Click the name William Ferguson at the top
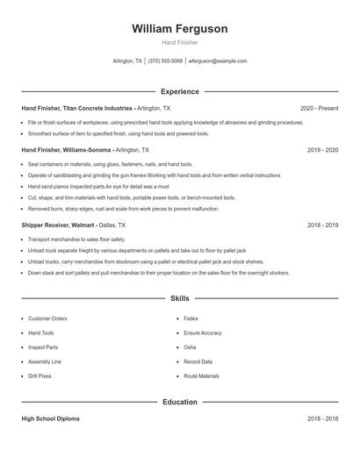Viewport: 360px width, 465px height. pos(179,29)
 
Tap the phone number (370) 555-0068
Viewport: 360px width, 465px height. pos(165,61)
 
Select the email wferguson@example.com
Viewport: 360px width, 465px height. pos(218,61)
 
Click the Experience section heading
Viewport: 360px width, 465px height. pos(179,91)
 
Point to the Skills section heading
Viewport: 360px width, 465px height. pos(179,298)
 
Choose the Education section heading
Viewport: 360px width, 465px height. pos(179,402)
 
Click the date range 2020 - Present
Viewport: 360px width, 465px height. pos(319,108)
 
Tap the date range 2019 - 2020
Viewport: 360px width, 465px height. pos(322,150)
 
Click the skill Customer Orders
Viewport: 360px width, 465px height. pos(47,318)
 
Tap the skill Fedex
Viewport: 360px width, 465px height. pos(191,318)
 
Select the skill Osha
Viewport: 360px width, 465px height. pos(190,347)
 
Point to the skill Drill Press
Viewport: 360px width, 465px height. pos(40,376)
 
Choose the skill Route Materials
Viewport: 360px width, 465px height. pos(201,376)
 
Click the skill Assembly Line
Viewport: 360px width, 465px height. pos(45,361)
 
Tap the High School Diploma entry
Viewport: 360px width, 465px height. pos(50,418)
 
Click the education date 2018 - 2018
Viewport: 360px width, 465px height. pos(322,418)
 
